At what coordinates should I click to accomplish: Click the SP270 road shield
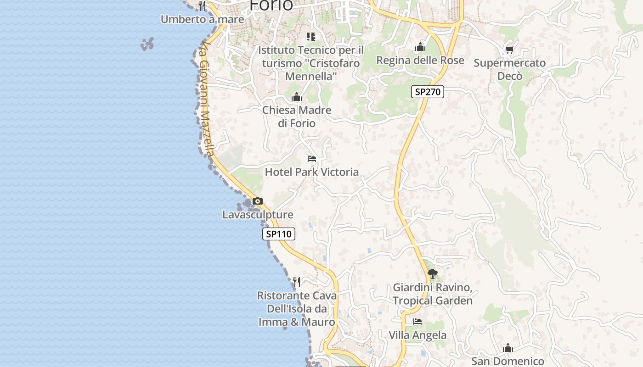427,92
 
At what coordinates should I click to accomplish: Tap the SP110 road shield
279,234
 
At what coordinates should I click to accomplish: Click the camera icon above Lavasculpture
257,201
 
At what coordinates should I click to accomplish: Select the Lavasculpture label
257,215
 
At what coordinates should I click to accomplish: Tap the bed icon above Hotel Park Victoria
312,159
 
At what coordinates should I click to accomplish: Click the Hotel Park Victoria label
311,172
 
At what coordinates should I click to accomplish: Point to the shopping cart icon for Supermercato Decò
509,50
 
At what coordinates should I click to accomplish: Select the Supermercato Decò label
510,69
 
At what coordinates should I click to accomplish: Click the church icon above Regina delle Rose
420,47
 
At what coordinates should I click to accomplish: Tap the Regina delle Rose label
420,61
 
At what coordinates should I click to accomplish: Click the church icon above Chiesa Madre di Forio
297,97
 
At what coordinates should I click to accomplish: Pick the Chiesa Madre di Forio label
297,117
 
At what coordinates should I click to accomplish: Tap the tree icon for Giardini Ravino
432,274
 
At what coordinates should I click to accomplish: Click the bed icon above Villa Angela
417,322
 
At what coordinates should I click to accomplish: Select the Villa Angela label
417,335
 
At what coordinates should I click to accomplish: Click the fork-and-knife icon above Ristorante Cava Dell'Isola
297,282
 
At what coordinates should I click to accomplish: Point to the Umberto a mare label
202,19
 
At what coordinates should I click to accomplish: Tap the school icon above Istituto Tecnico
311,36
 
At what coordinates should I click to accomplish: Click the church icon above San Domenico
508,348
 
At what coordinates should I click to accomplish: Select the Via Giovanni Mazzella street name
207,99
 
